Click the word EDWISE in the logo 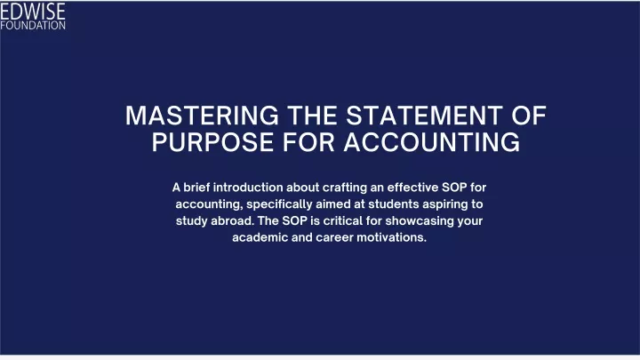[x=33, y=12]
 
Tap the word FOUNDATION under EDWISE [x=33, y=25]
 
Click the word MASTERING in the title [x=202, y=116]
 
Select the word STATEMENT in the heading [x=425, y=116]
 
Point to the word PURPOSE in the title [x=212, y=142]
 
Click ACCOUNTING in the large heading [x=431, y=142]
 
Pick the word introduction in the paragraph [x=248, y=188]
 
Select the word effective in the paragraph [x=412, y=188]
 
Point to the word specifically [x=279, y=204]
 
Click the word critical [x=343, y=220]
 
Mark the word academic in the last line [x=260, y=237]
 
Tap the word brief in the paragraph [x=196, y=188]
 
